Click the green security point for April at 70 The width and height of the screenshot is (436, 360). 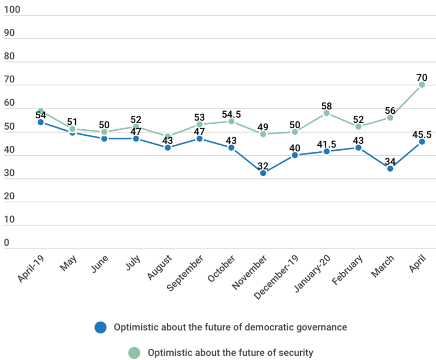pos(422,85)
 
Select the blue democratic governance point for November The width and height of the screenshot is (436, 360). pos(263,173)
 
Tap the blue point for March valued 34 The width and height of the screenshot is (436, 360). pos(390,169)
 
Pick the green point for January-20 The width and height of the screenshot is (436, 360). pos(326,113)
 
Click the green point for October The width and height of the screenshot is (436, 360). pos(231,121)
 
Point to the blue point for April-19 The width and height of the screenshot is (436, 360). pos(41,122)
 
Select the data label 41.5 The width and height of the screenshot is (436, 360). pos(326,142)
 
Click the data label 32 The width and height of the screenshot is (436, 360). pos(263,165)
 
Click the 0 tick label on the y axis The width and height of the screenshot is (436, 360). pos(6,243)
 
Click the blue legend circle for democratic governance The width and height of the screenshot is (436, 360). pos(100,327)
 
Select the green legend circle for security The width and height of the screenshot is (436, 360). pos(134,353)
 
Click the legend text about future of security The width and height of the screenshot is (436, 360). pos(230,353)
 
